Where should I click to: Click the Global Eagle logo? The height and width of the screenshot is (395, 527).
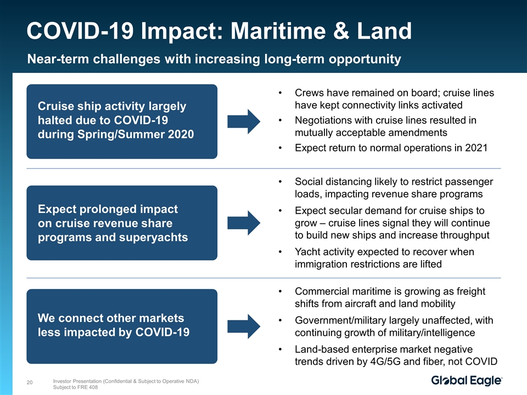(467, 381)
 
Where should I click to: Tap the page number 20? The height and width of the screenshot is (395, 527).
(30, 382)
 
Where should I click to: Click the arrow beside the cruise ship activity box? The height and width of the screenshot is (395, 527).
(244, 121)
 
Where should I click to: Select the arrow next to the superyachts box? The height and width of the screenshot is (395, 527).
(244, 223)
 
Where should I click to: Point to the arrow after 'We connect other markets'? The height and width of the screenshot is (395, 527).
(244, 326)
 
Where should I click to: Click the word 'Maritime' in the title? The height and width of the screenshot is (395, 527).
(278, 31)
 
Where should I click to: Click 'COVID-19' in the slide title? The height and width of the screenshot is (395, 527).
(80, 31)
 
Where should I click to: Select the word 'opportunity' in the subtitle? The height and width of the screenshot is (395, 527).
(365, 59)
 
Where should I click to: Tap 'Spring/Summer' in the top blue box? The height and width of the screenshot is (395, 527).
(121, 134)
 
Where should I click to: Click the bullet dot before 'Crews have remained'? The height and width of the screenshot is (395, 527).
(279, 93)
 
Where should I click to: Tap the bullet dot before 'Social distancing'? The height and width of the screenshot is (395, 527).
(279, 182)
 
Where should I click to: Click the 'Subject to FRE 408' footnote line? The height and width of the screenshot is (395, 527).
(75, 387)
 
